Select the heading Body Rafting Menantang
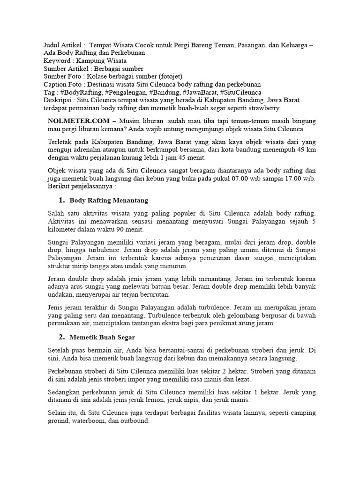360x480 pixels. pos(109,200)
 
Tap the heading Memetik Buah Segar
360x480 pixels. pos(102,337)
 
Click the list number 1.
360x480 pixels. pos(61,200)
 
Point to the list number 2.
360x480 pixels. pos(61,337)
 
